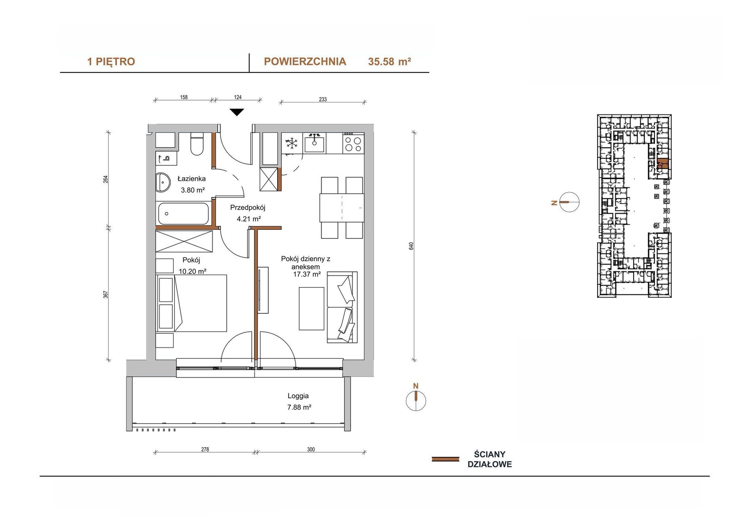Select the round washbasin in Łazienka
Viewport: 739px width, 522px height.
(163, 182)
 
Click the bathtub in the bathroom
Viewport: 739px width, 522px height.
(183, 213)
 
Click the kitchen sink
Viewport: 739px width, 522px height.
(314, 143)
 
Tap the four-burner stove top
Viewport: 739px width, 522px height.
(353, 143)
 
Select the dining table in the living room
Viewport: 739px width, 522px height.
(342, 208)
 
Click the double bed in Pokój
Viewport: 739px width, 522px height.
(191, 303)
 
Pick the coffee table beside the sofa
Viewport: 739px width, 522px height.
(311, 308)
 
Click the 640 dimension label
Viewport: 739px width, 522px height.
(411, 246)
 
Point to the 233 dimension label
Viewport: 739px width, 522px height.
(323, 99)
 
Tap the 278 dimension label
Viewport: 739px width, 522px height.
(205, 449)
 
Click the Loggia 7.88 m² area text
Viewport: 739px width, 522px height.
(299, 402)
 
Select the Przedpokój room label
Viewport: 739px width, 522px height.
(248, 208)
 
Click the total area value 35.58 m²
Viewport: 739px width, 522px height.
(390, 62)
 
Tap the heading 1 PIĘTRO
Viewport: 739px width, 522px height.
(111, 62)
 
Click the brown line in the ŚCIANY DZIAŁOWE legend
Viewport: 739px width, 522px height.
(445, 459)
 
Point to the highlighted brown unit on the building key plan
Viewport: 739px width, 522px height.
(663, 163)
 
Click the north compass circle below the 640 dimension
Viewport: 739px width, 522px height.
(416, 401)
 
